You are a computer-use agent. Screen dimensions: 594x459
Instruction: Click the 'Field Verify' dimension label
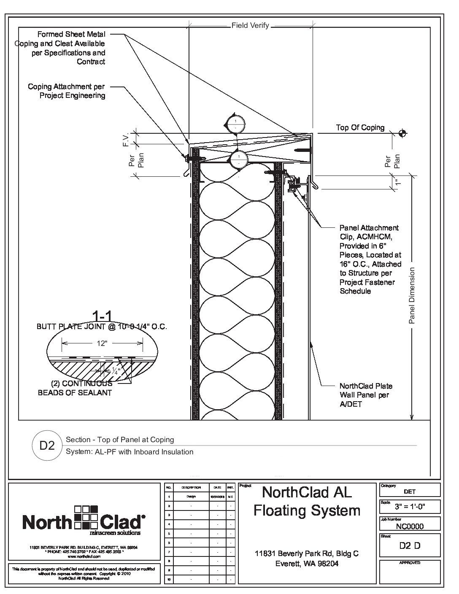pos(250,26)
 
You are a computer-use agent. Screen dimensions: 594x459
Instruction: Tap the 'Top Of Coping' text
pos(360,127)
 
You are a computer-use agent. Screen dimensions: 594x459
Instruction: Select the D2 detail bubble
pos(47,445)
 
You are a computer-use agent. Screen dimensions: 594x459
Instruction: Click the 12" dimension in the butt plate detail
pos(101,343)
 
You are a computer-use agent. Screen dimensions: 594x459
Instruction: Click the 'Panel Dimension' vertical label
pos(412,295)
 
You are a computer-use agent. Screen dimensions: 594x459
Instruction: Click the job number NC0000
pos(410,526)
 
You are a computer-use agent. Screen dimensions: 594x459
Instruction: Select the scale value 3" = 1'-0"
pos(410,507)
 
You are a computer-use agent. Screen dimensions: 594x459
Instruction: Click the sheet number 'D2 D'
pos(410,545)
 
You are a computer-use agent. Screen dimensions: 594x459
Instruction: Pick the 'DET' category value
pos(410,491)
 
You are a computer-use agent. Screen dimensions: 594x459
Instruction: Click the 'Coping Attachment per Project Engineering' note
pos(67,91)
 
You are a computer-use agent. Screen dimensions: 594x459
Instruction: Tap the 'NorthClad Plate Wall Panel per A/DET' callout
pos(366,395)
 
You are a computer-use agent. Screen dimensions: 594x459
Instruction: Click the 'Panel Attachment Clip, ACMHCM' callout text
pos(370,232)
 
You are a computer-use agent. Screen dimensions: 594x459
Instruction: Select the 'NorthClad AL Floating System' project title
pos(307,501)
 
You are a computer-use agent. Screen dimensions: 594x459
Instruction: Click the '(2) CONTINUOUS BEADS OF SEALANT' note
pos(75,388)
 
